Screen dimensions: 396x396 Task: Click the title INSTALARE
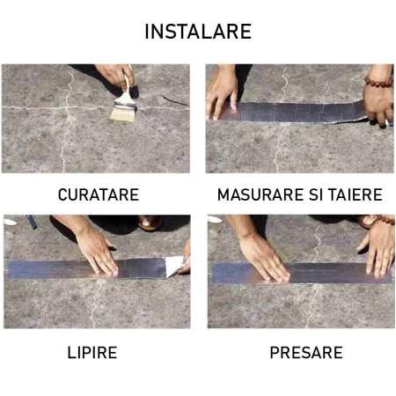tap(198, 32)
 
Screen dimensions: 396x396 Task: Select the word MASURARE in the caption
tap(254, 194)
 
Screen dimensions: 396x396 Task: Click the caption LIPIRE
tap(92, 353)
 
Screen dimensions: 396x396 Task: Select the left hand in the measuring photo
tap(222, 92)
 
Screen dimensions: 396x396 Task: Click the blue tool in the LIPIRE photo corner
tap(31, 221)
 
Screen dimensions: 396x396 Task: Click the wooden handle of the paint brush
tap(128, 91)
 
